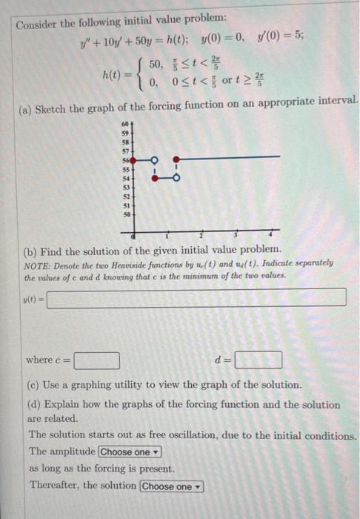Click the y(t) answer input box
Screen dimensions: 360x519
pyautogui.click(x=197, y=297)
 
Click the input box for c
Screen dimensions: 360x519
pyautogui.click(x=97, y=360)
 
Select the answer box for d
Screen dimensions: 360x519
pyautogui.click(x=259, y=360)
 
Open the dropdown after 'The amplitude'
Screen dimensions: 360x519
pyautogui.click(x=130, y=452)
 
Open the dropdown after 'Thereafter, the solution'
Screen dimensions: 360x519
pyautogui.click(x=171, y=486)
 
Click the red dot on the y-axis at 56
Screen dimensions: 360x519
pyautogui.click(x=133, y=159)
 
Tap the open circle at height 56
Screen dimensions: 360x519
pyautogui.click(x=154, y=159)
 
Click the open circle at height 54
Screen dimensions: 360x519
pyautogui.click(x=176, y=177)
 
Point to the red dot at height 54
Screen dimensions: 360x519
pyautogui.click(x=154, y=177)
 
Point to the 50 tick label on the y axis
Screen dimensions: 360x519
pyautogui.click(x=125, y=214)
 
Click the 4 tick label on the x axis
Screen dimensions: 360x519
pyautogui.click(x=271, y=235)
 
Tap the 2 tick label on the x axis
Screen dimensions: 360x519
pyautogui.click(x=201, y=235)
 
